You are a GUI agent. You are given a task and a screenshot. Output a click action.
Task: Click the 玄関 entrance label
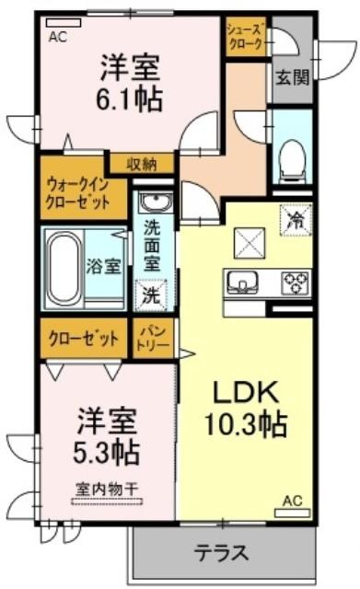click(x=293, y=77)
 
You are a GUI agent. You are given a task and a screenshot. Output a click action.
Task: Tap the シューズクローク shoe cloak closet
click(x=246, y=37)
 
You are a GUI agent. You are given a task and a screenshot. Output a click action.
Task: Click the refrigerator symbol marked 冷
click(x=296, y=219)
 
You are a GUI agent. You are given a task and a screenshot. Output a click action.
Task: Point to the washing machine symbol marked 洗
click(x=151, y=294)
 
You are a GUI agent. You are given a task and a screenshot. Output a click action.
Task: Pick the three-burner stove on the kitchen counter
click(x=296, y=283)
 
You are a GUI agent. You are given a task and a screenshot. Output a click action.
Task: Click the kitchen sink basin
click(x=242, y=283)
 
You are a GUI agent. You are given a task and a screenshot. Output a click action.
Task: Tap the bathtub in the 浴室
click(x=64, y=268)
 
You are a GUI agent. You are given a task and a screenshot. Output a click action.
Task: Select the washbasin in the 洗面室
click(x=155, y=202)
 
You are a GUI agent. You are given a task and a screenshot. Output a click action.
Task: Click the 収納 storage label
click(x=141, y=165)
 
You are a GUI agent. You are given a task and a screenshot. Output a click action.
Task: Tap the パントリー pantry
click(x=153, y=339)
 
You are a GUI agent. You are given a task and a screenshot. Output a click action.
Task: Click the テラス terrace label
click(x=221, y=552)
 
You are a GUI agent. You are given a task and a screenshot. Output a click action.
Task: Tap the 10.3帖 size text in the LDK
click(x=246, y=424)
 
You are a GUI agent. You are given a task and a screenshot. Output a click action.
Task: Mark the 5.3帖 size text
click(x=106, y=453)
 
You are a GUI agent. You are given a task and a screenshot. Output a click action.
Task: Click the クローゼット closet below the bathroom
click(x=84, y=339)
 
